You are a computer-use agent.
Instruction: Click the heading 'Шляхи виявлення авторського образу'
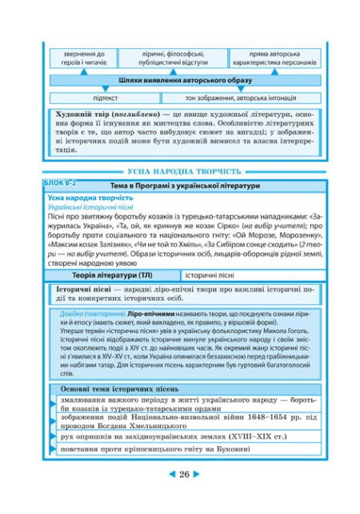click(x=184, y=81)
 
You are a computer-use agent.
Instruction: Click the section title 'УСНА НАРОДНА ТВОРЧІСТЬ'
click(x=183, y=171)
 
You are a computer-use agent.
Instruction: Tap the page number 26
click(x=183, y=497)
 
